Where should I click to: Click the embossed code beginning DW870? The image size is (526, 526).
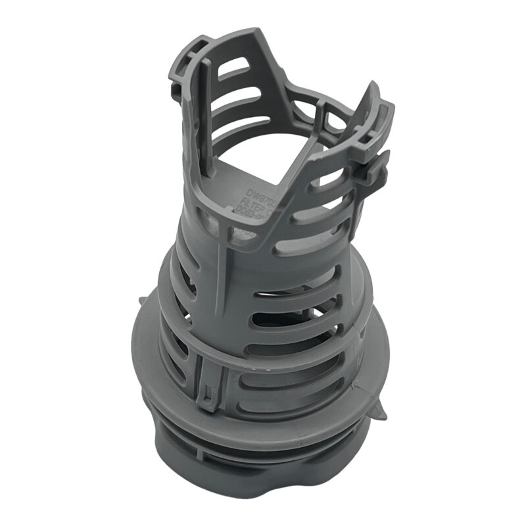click(249, 191)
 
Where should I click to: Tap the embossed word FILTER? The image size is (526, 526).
click(251, 202)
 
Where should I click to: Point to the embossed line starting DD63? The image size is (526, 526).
click(250, 212)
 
